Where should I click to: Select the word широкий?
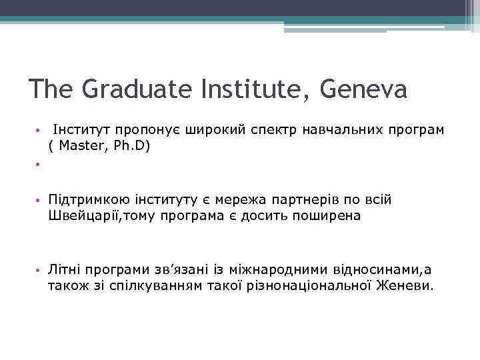216,129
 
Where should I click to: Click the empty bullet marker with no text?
40,163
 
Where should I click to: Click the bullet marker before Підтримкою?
40,200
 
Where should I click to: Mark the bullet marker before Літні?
40,270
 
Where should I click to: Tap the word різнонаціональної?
321,286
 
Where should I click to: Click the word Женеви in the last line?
407,286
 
